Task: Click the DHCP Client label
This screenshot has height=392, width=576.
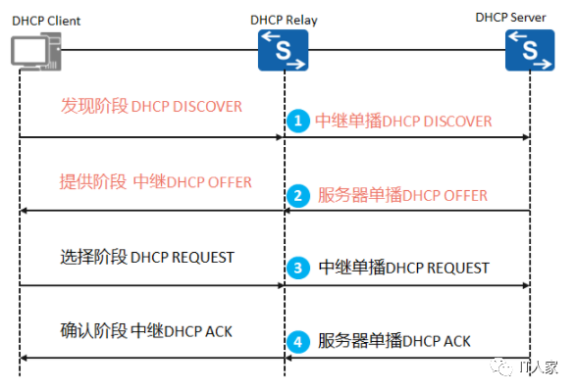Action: (x=46, y=21)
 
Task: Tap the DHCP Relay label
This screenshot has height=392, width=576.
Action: (x=284, y=21)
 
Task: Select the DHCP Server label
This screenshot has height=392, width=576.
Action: (x=510, y=18)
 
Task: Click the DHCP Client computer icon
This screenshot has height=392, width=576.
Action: (x=36, y=51)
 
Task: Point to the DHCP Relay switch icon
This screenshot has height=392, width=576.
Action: (x=284, y=50)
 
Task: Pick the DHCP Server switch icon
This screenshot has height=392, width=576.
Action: (x=530, y=50)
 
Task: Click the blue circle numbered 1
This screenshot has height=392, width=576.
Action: (x=298, y=121)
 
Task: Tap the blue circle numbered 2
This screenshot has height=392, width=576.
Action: (x=298, y=196)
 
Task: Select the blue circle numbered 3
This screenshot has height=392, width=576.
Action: (x=298, y=268)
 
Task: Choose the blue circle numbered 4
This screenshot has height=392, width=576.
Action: (x=298, y=342)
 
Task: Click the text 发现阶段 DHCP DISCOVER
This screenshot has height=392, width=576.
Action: (x=151, y=106)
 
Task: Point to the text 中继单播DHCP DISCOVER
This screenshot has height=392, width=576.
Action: (x=403, y=122)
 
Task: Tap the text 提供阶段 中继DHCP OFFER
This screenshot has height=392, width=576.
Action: (x=156, y=181)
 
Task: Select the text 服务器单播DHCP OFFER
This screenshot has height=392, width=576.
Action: (x=402, y=195)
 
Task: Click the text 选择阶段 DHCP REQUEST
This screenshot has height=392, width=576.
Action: (x=147, y=257)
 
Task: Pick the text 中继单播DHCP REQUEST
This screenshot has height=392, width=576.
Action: (x=403, y=268)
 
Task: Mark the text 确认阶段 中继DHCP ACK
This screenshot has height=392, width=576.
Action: (x=146, y=330)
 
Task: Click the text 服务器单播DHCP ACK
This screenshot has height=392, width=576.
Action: (x=394, y=341)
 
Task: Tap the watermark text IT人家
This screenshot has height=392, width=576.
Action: (x=539, y=367)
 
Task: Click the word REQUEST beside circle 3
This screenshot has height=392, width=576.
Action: (x=457, y=269)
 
